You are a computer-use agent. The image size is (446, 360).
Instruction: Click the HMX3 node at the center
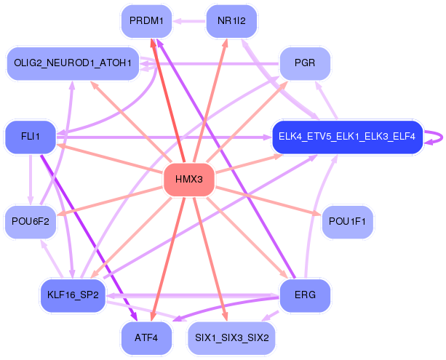(189, 180)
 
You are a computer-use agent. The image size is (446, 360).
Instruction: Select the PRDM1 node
(146, 21)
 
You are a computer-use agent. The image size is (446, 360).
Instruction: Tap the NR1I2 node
(231, 21)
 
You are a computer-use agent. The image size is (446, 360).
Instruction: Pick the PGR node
(305, 63)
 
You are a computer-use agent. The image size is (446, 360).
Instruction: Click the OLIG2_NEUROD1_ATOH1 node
(73, 63)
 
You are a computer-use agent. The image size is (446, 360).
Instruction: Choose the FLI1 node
(31, 137)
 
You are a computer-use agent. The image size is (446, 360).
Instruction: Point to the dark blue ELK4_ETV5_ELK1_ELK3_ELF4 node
(347, 137)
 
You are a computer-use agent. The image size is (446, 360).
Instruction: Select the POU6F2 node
(31, 222)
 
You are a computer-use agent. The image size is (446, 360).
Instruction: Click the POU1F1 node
(347, 222)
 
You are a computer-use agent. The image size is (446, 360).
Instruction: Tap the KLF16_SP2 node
(73, 295)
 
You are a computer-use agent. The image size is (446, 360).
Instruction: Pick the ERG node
(305, 295)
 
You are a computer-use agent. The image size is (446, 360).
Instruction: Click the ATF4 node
(146, 338)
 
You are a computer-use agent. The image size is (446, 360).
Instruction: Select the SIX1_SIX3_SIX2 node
(231, 338)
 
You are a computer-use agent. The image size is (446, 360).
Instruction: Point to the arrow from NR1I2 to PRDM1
(189, 21)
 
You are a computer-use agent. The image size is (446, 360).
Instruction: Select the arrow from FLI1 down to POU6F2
(31, 180)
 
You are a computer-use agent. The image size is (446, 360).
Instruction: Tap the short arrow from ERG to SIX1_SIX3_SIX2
(270, 316)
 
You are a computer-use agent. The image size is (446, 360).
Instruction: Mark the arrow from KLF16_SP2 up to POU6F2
(52, 258)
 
